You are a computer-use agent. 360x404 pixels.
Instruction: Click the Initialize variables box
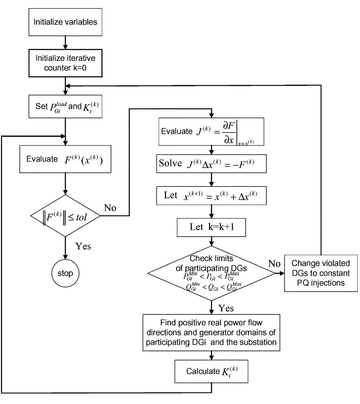point(65,22)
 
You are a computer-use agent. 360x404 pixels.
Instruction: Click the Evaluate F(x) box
point(65,159)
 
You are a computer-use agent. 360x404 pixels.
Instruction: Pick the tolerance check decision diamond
point(65,216)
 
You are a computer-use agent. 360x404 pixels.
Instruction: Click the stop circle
point(65,273)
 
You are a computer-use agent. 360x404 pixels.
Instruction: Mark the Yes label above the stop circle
point(83,246)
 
